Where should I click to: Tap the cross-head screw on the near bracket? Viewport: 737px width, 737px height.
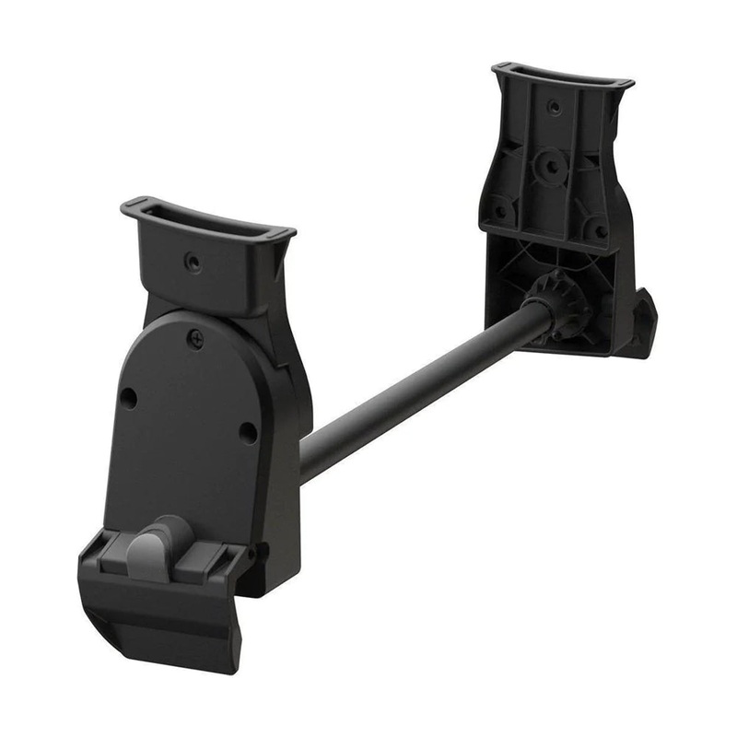pyautogui.click(x=195, y=338)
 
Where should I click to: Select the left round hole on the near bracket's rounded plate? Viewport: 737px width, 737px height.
pyautogui.click(x=129, y=398)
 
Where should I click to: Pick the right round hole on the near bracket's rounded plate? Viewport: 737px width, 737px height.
pyautogui.click(x=247, y=430)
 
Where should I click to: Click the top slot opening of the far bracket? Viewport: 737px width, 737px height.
pyautogui.click(x=562, y=76)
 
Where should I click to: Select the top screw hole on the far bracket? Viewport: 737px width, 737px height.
pyautogui.click(x=554, y=108)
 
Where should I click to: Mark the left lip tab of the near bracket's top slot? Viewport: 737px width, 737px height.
pyautogui.click(x=134, y=204)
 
